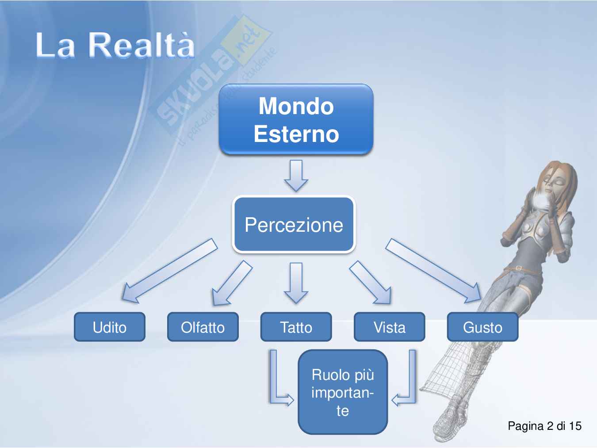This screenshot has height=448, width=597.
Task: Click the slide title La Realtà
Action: [x=115, y=45]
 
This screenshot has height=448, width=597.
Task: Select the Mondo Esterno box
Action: [x=296, y=119]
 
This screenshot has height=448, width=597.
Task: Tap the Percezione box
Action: [x=294, y=225]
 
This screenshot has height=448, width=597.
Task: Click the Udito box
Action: [x=110, y=327]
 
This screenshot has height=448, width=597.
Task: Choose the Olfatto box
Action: [x=203, y=327]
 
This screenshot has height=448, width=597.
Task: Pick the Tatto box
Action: [x=296, y=327]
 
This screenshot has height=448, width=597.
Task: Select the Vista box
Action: [x=390, y=327]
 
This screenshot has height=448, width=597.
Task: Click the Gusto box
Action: [x=483, y=327]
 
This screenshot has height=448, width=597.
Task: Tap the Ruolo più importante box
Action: [x=343, y=392]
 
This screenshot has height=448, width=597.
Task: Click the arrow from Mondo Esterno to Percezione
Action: [x=296, y=176]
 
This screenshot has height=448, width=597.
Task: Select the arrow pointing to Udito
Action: [x=169, y=271]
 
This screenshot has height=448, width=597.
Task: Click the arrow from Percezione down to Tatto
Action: [x=296, y=283]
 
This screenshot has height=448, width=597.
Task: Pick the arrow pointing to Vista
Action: [x=371, y=282]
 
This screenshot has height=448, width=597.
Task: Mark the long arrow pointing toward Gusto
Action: [x=433, y=271]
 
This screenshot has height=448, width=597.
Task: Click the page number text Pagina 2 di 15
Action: [x=544, y=426]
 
